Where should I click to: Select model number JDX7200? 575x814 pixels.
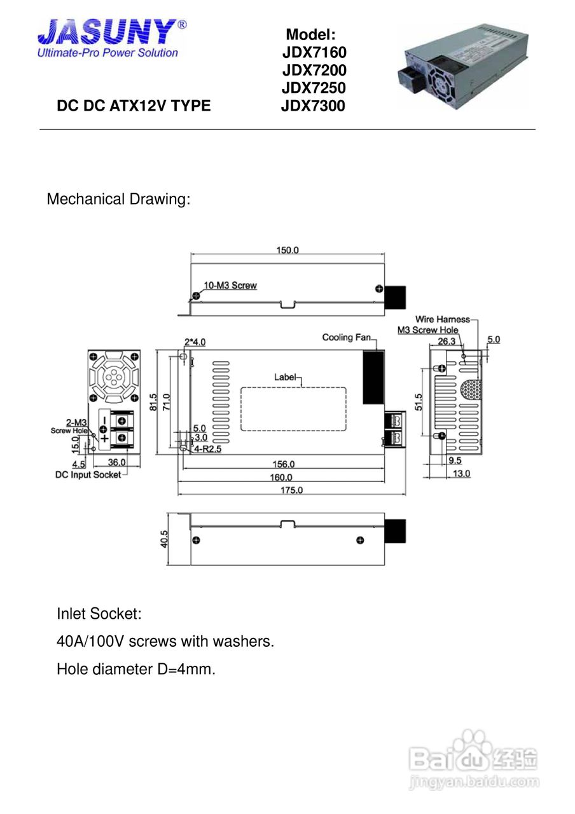(x=314, y=70)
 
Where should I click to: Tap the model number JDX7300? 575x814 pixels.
(x=313, y=106)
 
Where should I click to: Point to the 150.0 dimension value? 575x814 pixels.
(x=287, y=250)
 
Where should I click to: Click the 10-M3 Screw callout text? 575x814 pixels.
(x=230, y=286)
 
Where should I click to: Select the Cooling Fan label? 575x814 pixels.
(x=347, y=337)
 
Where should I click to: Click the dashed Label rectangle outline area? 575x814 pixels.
(x=293, y=409)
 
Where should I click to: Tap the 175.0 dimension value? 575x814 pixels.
(x=291, y=490)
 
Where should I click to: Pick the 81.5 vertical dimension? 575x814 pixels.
(x=153, y=402)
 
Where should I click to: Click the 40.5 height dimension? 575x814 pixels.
(x=164, y=539)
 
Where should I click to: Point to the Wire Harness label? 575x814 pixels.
(x=443, y=319)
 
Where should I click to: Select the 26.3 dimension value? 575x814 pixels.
(x=447, y=341)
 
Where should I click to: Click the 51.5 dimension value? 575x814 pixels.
(x=419, y=402)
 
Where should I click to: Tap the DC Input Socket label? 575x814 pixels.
(x=88, y=474)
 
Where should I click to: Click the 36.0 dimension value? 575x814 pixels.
(x=116, y=462)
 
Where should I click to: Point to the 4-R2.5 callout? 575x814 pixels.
(x=207, y=449)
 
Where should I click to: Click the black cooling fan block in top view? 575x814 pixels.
(x=373, y=377)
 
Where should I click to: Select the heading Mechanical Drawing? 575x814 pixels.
(x=118, y=199)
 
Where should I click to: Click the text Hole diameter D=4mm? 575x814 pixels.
(x=136, y=669)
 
